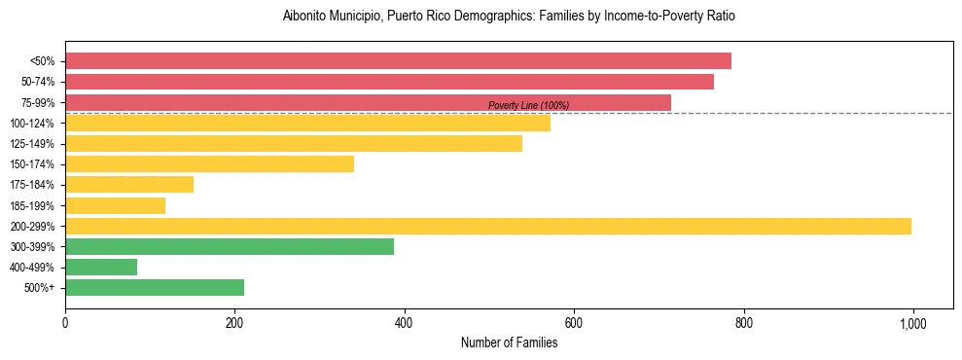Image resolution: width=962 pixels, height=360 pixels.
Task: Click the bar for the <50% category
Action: point(398,61)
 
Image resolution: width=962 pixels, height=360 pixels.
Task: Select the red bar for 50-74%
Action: point(389,82)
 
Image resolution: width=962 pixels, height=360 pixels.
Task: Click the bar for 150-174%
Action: point(209,164)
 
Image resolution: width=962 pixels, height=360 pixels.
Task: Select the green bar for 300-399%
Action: point(230,247)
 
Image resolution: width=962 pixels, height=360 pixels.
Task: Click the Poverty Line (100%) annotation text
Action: point(528,105)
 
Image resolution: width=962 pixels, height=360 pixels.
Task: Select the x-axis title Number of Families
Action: point(509,342)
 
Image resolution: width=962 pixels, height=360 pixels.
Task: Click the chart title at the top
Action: point(509,17)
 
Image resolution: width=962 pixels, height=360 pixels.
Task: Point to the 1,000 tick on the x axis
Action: point(913,323)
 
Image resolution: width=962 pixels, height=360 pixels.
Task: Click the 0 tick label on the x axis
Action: point(65,323)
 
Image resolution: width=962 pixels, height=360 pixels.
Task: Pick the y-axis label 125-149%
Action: point(32,144)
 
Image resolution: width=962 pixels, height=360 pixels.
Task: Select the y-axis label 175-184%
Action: point(32,185)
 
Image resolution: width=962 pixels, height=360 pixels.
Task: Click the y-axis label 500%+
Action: point(38,288)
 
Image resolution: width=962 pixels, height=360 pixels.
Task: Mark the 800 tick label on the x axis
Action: point(744,323)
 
